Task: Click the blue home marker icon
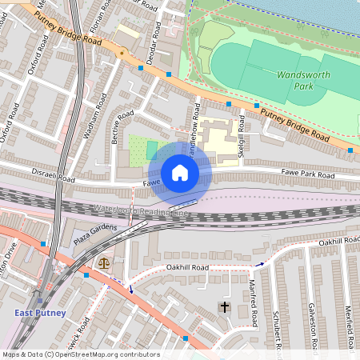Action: point(180,173)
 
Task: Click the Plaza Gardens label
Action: point(95,234)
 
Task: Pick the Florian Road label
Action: point(97,16)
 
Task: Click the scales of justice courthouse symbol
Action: point(102,262)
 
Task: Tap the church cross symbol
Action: point(225,307)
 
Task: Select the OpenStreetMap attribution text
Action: point(82,354)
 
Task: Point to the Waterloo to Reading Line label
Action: point(149,210)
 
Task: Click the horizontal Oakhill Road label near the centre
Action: point(186,266)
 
